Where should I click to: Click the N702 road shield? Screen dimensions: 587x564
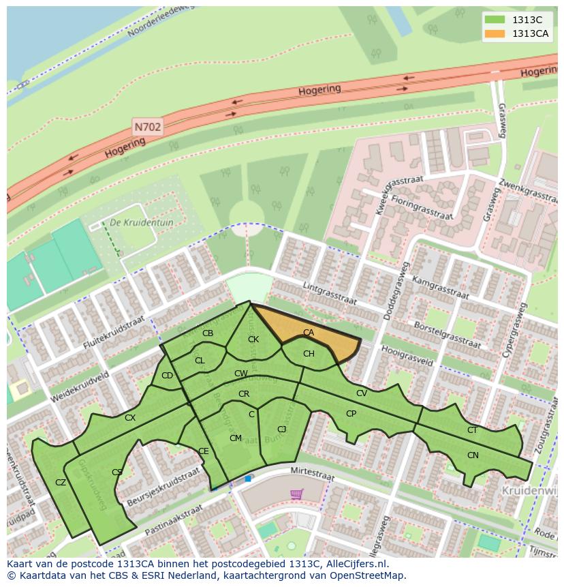147,127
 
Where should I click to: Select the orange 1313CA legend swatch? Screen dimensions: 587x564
495,34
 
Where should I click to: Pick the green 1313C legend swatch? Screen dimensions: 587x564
495,20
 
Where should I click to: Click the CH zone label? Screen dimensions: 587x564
309,354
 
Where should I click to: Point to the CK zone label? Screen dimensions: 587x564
253,340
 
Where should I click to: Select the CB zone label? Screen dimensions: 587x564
208,333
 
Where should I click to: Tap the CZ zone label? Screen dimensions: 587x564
61,483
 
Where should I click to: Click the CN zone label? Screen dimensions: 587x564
473,455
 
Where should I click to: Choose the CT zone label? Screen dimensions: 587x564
472,430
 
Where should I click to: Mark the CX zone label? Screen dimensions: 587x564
130,418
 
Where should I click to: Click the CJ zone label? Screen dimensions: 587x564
281,429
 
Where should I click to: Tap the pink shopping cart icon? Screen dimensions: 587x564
296,494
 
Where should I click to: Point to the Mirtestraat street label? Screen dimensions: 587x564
312,475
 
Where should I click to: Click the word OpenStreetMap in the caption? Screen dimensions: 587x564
368,575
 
